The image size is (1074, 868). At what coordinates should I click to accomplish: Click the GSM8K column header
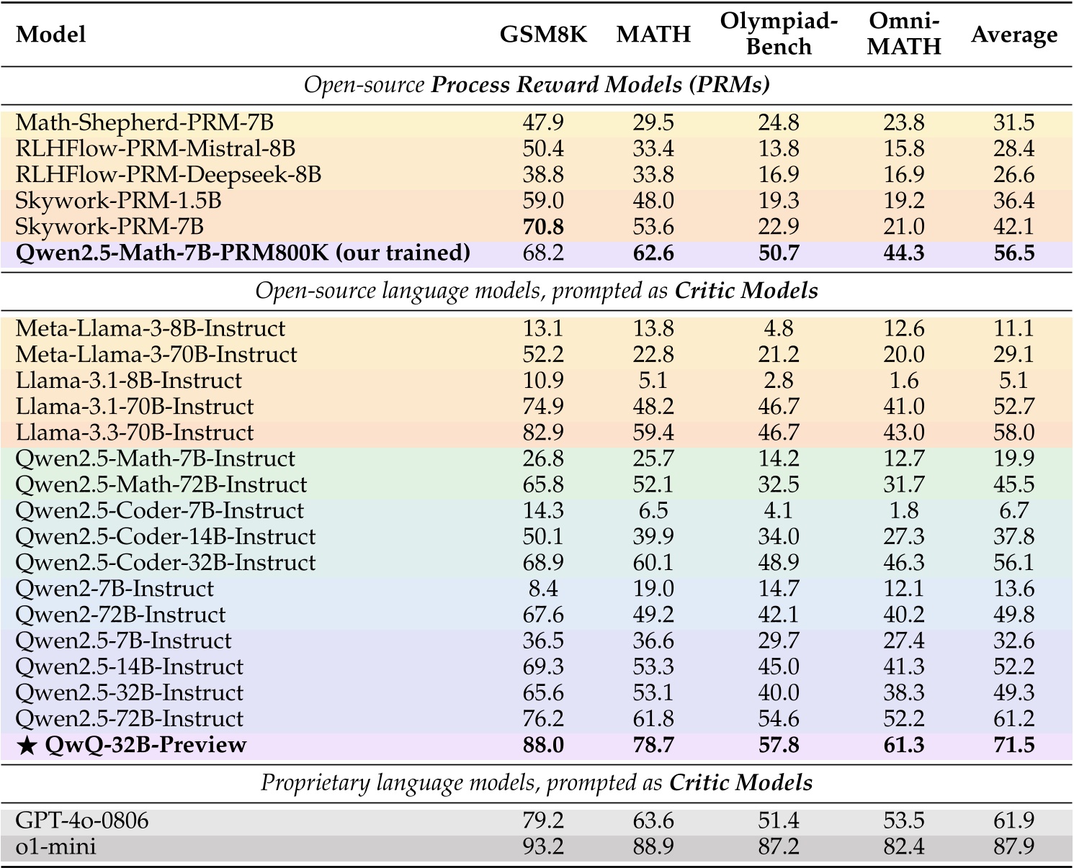point(543,35)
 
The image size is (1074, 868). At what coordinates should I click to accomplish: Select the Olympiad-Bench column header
point(779,34)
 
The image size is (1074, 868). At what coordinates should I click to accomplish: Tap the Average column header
point(1013,35)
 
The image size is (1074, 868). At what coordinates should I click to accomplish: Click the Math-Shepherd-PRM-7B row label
point(144,122)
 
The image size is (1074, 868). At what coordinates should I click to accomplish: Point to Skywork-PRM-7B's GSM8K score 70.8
point(543,227)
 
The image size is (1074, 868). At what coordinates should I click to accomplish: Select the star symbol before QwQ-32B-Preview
point(27,745)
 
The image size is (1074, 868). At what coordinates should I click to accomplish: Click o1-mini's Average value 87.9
point(1013,846)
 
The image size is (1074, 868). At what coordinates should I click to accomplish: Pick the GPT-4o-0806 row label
point(82,820)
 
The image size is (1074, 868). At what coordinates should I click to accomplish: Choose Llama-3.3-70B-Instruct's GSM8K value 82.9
point(543,433)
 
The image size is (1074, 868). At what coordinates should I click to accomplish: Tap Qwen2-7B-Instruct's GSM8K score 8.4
point(543,589)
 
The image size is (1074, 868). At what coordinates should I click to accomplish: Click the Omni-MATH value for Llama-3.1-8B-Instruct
point(904,381)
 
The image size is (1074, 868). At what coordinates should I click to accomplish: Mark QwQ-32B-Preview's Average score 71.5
point(1013,744)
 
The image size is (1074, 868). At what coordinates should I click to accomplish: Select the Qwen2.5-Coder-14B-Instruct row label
point(165,537)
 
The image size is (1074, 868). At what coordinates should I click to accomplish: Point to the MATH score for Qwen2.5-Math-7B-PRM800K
point(653,253)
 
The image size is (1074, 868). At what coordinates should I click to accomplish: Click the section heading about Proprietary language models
point(537,783)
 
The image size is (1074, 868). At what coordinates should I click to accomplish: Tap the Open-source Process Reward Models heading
point(537,85)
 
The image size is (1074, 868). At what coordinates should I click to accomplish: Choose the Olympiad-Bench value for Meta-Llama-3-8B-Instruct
point(779,329)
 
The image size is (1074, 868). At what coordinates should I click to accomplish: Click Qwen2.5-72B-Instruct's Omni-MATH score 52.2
point(904,718)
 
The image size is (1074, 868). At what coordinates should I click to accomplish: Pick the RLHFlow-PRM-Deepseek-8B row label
point(168,175)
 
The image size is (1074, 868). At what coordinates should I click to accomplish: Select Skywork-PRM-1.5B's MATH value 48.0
point(653,201)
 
